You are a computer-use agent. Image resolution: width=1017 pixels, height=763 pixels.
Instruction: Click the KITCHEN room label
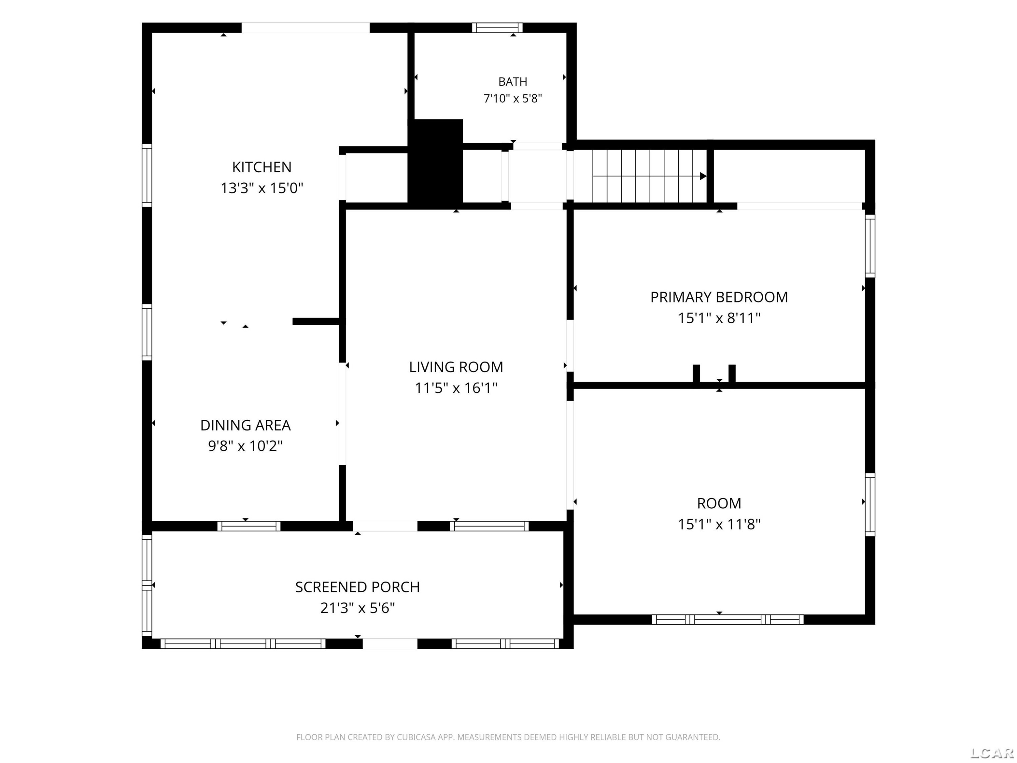pos(262,167)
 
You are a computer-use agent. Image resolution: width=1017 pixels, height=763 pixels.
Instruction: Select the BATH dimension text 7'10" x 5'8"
pos(513,98)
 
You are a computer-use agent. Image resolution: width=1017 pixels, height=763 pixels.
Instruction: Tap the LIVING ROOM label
pos(456,367)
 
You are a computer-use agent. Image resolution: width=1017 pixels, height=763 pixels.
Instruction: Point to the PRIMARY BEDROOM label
pos(719,297)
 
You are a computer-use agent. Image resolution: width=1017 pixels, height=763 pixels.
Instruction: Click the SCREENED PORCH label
pos(357,587)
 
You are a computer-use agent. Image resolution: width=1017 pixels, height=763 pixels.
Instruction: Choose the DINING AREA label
pos(245,425)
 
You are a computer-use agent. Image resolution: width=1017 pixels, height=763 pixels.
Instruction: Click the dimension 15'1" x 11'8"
pos(719,524)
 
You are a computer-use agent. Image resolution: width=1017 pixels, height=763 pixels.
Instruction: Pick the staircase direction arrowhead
pos(703,176)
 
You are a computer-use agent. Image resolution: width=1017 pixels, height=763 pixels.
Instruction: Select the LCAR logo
pos(992,753)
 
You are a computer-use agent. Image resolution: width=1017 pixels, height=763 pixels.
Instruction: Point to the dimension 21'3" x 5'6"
pos(357,608)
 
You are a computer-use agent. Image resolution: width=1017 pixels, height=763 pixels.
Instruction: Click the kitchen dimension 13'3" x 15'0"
pos(262,188)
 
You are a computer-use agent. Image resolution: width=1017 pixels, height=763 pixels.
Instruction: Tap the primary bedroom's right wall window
pos(870,246)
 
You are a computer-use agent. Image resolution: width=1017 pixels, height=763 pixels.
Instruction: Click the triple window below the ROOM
pos(727,620)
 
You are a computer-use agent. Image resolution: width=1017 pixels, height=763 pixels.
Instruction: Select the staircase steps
pos(649,176)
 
